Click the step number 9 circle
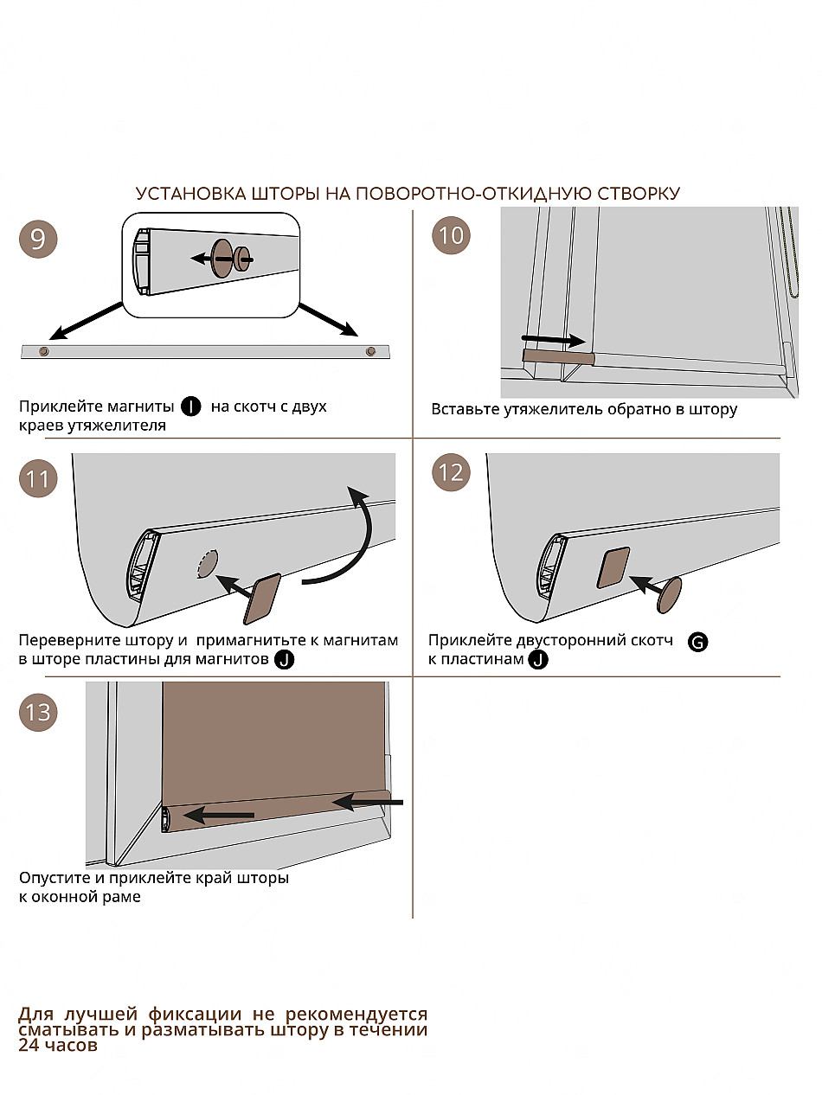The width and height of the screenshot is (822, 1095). coord(38,238)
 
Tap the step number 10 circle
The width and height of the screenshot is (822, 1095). coord(452,235)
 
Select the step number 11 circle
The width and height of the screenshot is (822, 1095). coord(38,478)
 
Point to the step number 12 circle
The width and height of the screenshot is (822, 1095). coord(452,473)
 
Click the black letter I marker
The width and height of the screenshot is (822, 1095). coord(190,407)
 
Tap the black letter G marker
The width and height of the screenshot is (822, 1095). coord(697,642)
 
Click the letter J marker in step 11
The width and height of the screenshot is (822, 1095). coord(283,661)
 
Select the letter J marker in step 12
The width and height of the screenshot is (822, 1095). coord(538,660)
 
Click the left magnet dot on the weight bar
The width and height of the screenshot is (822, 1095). coord(44,352)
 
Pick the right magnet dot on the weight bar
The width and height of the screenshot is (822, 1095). coord(371,351)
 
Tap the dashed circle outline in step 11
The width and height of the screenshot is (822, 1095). coord(208,564)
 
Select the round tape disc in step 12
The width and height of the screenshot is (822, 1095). coord(669,595)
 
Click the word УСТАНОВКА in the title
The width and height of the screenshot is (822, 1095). coord(181,194)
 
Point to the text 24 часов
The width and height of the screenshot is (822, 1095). coord(57,1045)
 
